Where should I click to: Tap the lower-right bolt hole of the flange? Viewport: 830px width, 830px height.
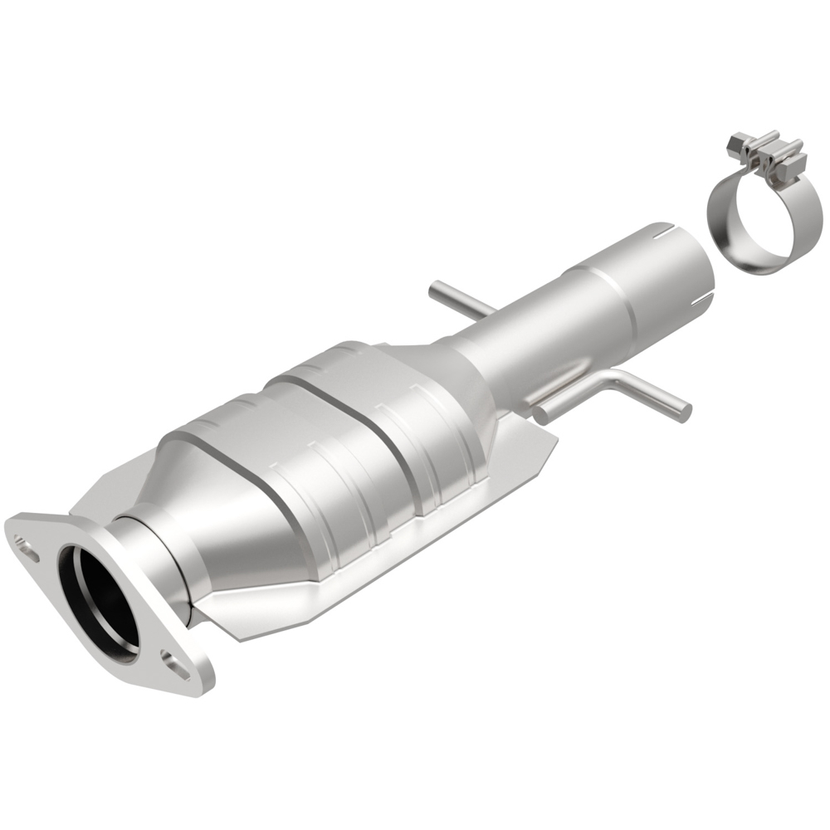click(x=176, y=662)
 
